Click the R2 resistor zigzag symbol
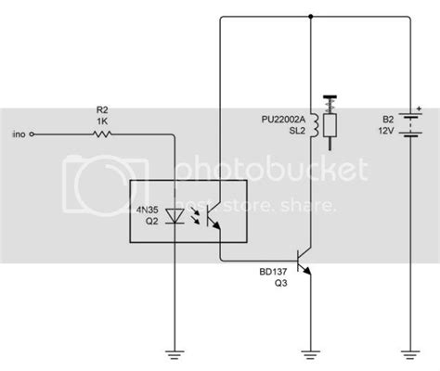coord(102,134)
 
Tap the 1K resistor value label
coord(102,120)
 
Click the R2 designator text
coord(102,109)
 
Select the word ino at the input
coord(19,134)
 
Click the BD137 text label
coord(275,274)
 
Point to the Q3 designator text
coord(279,286)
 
